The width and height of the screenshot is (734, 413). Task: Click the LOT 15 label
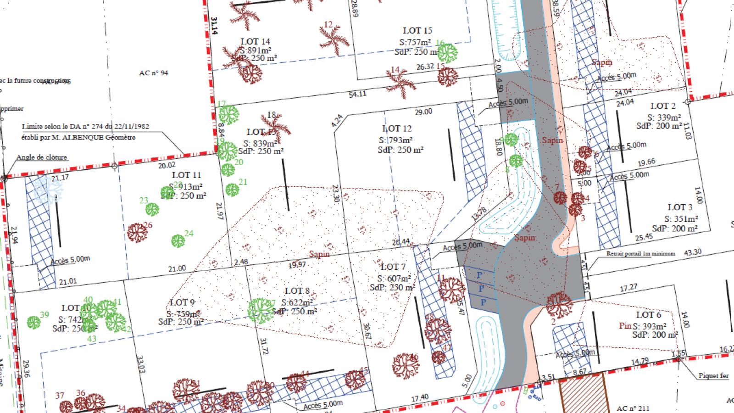point(417,31)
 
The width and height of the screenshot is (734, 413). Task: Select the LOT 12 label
point(397,129)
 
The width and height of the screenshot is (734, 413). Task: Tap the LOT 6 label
point(648,315)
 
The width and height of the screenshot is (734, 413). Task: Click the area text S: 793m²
point(396,140)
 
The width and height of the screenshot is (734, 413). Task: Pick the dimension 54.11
point(357,95)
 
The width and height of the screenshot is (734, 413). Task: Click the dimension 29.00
point(423,112)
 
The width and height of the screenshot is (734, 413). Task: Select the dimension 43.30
point(693,252)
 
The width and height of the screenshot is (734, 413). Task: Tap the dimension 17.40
point(420,398)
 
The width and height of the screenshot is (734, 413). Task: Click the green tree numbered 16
point(447,53)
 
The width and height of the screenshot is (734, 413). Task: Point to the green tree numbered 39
point(33,322)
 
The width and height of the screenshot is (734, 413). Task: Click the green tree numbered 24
point(178,240)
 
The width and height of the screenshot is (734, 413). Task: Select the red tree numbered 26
point(137,233)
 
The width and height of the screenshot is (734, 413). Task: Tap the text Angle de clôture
point(42,157)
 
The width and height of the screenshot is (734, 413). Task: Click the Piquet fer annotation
point(713,376)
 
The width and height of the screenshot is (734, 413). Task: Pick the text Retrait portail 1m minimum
point(640,253)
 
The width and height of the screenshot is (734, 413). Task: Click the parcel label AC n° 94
point(154,73)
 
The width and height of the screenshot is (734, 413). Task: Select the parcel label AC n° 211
point(633,408)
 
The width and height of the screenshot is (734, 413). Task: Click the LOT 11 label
point(186,175)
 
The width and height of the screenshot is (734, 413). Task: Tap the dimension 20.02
point(167,165)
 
